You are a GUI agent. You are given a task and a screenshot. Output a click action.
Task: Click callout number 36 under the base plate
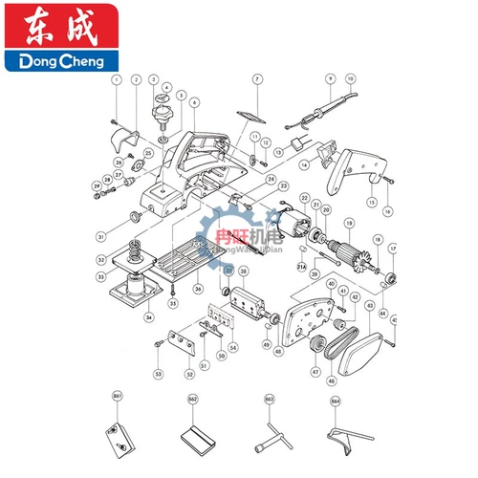pos(198,288)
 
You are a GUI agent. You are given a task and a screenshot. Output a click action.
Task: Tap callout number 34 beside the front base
pos(147,317)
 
